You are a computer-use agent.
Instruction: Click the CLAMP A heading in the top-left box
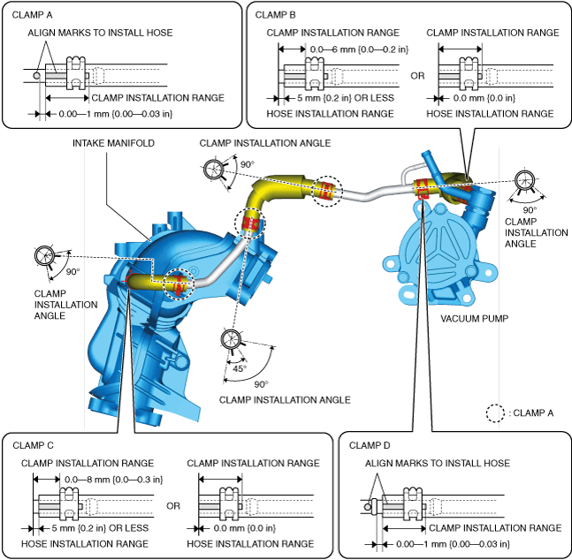pyautogui.click(x=32, y=15)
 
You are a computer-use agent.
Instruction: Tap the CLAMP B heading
pyautogui.click(x=277, y=14)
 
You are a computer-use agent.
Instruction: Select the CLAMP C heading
pyautogui.click(x=31, y=445)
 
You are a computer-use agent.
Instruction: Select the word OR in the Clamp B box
pyautogui.click(x=417, y=76)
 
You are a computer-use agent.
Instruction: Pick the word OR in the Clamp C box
pyautogui.click(x=173, y=506)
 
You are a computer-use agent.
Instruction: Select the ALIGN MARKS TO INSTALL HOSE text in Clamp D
pyautogui.click(x=438, y=463)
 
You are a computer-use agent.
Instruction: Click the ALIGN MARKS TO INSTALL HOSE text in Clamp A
pyautogui.click(x=100, y=33)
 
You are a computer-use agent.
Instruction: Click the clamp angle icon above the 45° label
pyautogui.click(x=232, y=339)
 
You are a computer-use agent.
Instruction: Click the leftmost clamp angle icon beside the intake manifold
pyautogui.click(x=45, y=256)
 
